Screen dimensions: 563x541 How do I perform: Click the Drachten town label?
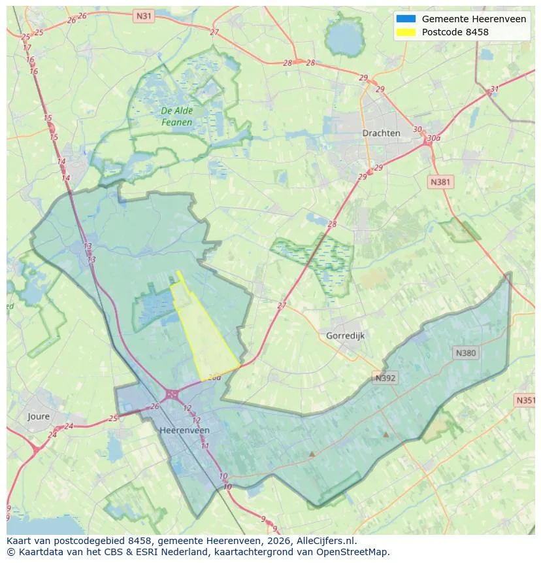[x=381, y=133]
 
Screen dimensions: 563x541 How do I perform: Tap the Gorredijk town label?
[x=344, y=335]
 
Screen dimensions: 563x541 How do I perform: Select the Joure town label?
[x=39, y=416]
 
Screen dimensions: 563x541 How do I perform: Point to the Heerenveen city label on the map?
[x=184, y=430]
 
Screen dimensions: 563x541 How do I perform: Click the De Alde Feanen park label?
[x=176, y=116]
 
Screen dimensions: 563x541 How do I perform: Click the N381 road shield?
[x=440, y=182]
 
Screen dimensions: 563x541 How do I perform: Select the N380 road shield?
[x=466, y=353]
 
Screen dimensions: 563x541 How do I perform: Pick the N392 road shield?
[x=385, y=378]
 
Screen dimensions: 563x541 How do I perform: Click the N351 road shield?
[x=525, y=400]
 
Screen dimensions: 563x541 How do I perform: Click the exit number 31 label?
[x=494, y=90]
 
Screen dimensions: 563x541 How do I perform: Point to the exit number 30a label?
[x=433, y=138]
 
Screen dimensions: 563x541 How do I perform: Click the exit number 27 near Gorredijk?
[x=282, y=305]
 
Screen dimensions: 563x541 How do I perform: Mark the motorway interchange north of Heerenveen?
[x=172, y=394]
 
